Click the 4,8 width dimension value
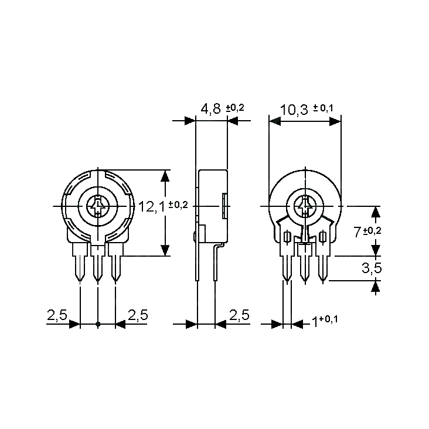pos(211,109)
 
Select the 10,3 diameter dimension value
pos(294,110)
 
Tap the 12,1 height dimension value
pos(152,206)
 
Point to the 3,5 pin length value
pos(372,268)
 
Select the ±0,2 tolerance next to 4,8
pos(234,108)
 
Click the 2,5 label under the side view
pos(239,315)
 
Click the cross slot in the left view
pos(96,206)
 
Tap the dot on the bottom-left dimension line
pos(97,324)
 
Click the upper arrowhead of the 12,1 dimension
pos(166,176)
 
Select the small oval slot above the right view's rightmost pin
pos(323,237)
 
